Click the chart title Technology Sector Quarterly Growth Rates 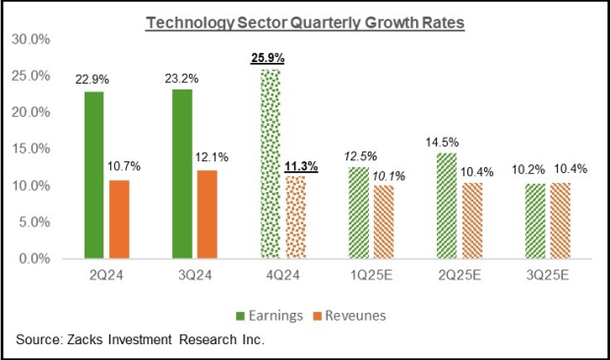[x=304, y=22]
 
